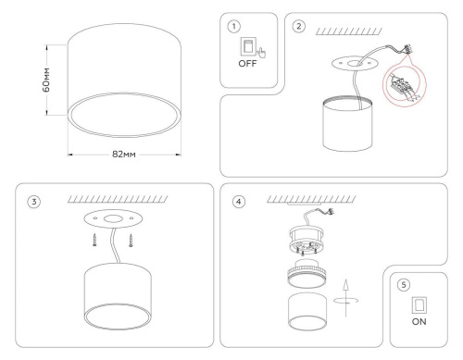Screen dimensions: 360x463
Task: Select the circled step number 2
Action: click(298, 26)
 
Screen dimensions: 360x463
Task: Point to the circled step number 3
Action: click(34, 203)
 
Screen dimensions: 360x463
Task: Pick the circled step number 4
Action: click(240, 203)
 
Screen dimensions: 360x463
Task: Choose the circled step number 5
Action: click(403, 285)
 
